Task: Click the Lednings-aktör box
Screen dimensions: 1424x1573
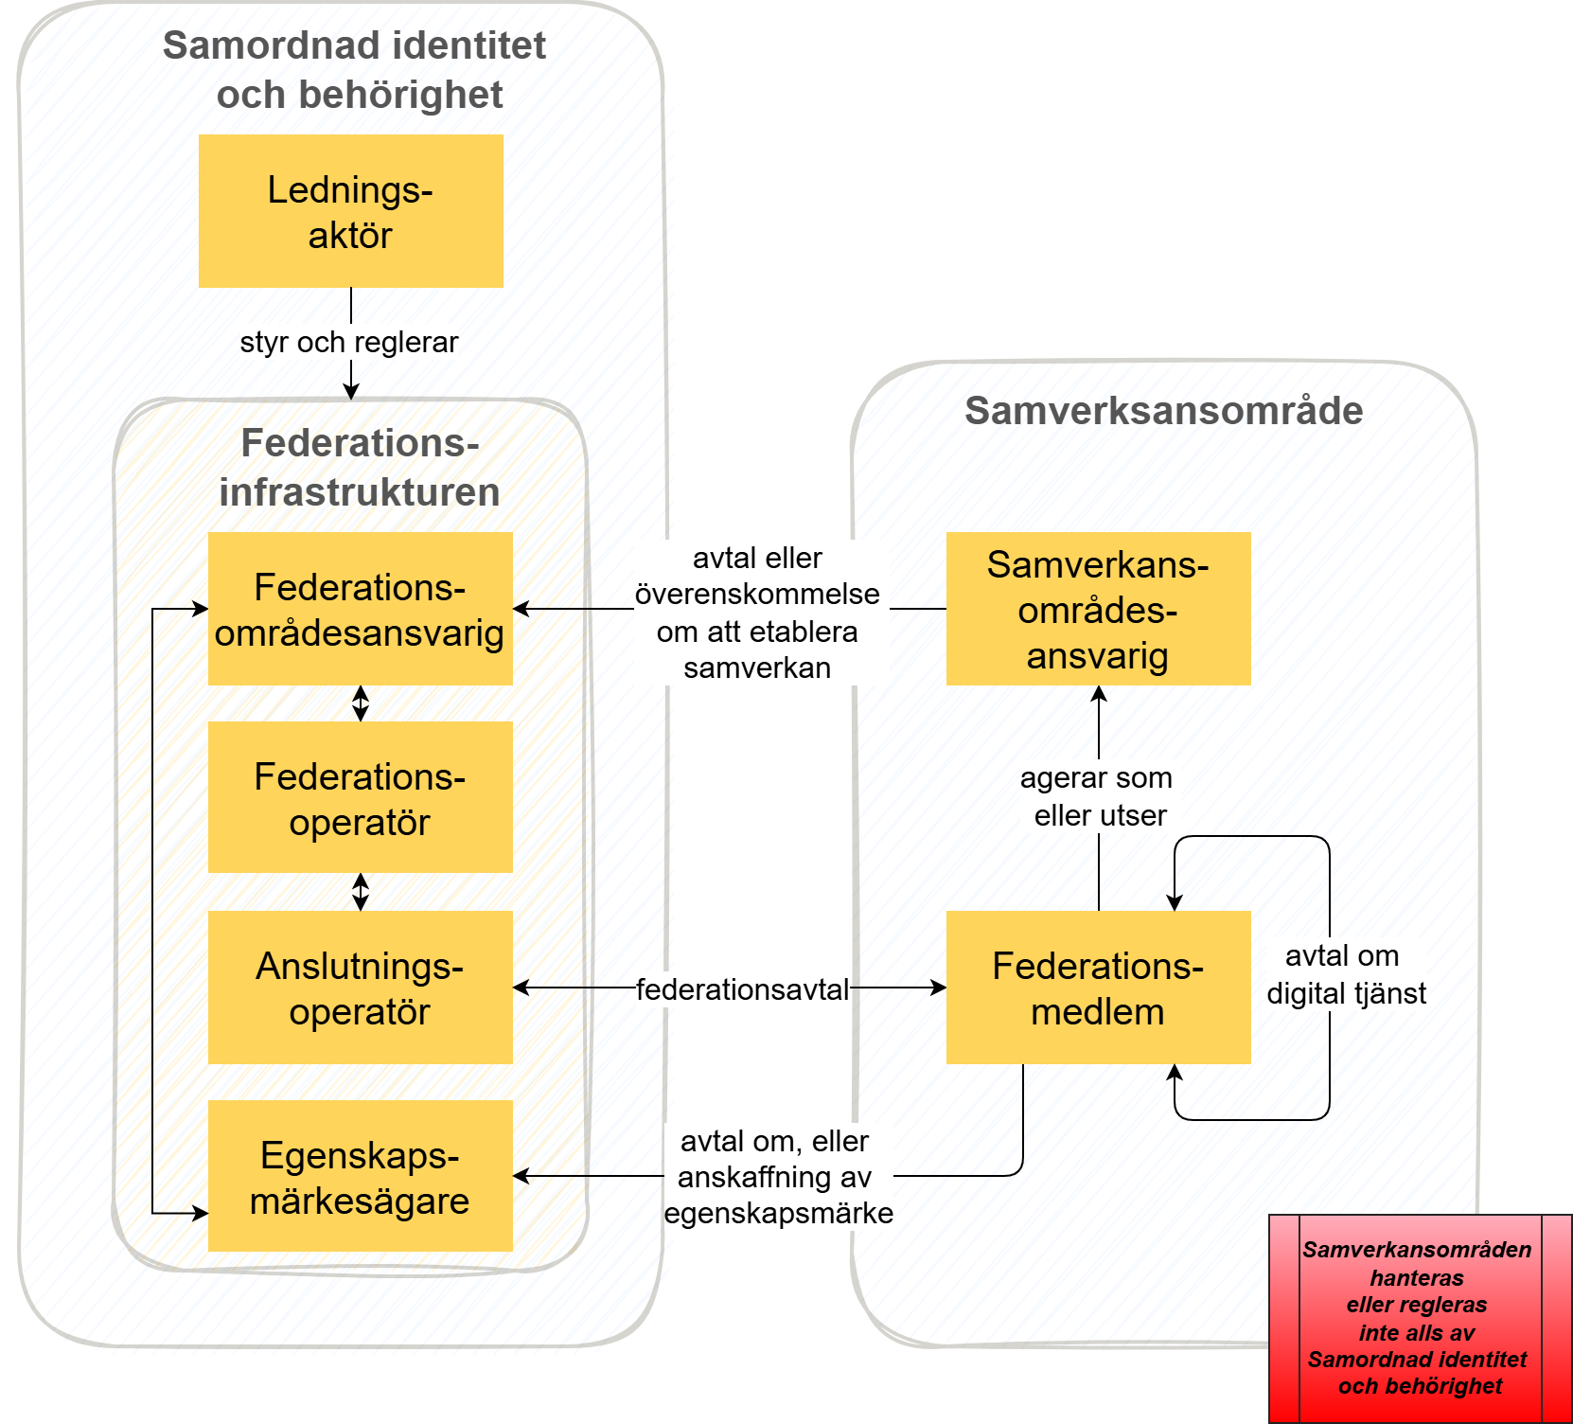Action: pos(350,211)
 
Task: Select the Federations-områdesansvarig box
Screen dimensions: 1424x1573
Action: pos(360,609)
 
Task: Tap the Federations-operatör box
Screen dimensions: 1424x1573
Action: pos(360,797)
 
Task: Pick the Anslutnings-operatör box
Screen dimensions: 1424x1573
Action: pos(360,988)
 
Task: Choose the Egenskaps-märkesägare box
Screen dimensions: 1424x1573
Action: pos(360,1176)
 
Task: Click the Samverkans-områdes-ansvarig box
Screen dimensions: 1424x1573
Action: pos(1098,609)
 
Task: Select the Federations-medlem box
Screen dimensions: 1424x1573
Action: pos(1098,988)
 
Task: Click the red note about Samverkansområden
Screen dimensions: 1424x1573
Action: pos(1419,1318)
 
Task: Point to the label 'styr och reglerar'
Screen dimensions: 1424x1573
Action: pos(348,342)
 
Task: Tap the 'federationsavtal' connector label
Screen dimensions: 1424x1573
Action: pos(742,989)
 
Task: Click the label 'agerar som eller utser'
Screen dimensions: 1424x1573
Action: pos(1098,796)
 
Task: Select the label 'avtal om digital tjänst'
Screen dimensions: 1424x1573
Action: pos(1345,974)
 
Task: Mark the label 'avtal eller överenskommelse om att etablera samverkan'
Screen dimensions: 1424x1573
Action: pos(757,613)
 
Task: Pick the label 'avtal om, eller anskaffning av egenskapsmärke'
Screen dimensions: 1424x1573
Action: pos(777,1177)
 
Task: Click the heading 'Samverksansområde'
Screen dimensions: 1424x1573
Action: pos(1163,411)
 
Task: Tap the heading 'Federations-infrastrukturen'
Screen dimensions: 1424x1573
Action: pos(360,468)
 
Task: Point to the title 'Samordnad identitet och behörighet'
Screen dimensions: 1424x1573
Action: pos(356,70)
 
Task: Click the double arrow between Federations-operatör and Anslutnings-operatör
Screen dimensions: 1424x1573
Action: pos(361,892)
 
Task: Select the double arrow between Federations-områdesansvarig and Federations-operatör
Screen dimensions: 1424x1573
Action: pos(361,703)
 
